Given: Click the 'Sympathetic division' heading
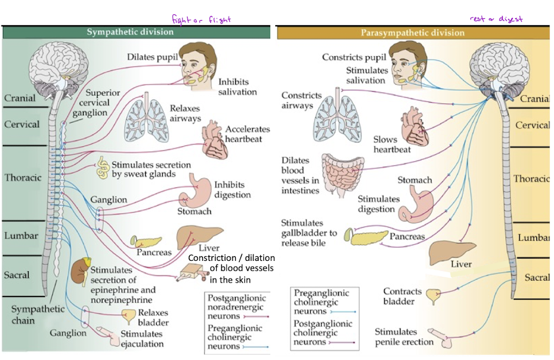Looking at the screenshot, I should click(x=130, y=32).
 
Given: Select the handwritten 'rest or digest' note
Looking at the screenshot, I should click(x=497, y=19).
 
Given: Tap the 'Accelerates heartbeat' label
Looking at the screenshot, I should click(x=247, y=134).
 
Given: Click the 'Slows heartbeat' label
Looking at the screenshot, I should click(x=392, y=144).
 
